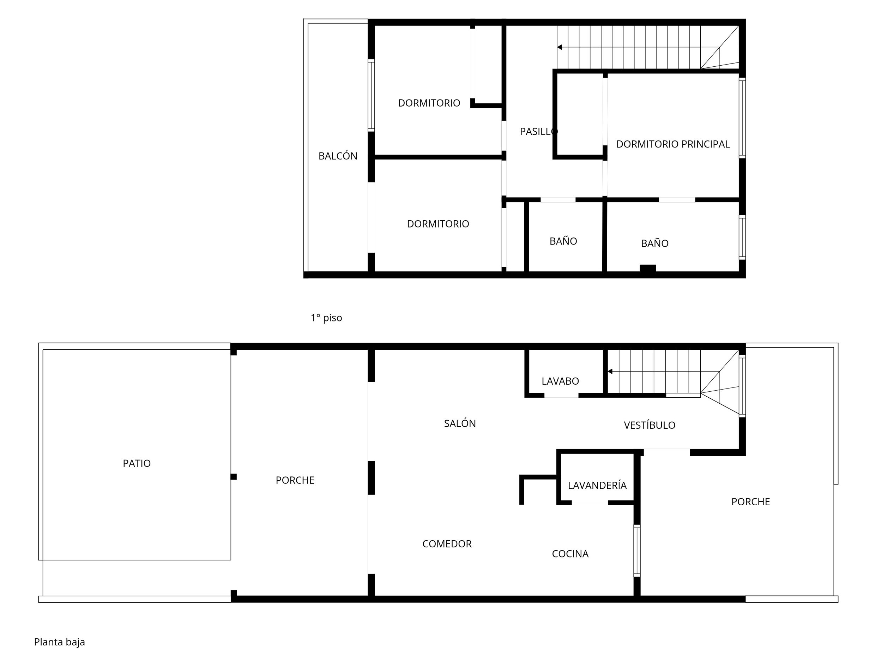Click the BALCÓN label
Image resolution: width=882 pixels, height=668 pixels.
(x=338, y=156)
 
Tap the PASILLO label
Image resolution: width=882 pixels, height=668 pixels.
(x=539, y=132)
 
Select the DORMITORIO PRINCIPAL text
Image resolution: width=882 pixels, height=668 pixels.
(x=673, y=144)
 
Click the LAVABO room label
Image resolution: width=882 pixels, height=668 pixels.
(x=560, y=381)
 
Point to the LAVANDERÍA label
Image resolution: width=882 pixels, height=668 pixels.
(x=597, y=485)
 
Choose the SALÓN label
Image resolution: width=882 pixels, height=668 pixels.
(x=460, y=423)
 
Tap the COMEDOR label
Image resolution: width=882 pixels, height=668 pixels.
(x=447, y=544)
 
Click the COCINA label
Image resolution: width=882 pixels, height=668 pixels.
(x=570, y=554)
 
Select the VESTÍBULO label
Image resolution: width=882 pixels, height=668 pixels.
(x=650, y=425)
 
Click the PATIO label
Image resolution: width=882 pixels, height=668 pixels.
(x=137, y=463)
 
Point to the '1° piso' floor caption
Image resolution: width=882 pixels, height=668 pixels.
(x=326, y=318)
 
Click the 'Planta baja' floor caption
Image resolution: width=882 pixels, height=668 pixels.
(x=59, y=642)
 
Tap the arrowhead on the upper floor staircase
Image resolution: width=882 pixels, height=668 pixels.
(x=560, y=47)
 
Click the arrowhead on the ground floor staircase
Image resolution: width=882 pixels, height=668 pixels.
(x=610, y=371)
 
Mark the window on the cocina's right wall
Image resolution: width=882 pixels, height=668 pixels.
(x=637, y=550)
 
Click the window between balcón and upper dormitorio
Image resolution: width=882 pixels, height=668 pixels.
(x=371, y=95)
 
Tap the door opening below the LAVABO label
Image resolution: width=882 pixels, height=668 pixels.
(x=561, y=396)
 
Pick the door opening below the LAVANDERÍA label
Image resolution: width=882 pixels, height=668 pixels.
(x=590, y=503)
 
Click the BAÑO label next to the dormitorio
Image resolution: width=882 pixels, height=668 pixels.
(x=563, y=241)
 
